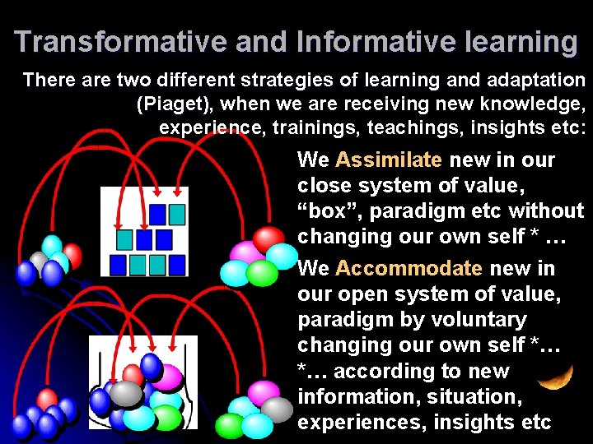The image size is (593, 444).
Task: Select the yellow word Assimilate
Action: [x=389, y=160]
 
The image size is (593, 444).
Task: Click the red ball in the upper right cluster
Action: [x=268, y=239]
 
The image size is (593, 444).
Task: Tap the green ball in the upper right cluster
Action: [x=262, y=272]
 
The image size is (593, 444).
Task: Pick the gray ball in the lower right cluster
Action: [x=277, y=408]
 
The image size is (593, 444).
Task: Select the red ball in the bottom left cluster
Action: [x=47, y=400]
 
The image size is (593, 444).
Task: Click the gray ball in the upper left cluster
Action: [x=39, y=261]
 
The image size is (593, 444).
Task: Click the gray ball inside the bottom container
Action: [x=126, y=394]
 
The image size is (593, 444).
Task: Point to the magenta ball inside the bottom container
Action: [x=167, y=377]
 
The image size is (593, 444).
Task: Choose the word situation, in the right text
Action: [x=465, y=396]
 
